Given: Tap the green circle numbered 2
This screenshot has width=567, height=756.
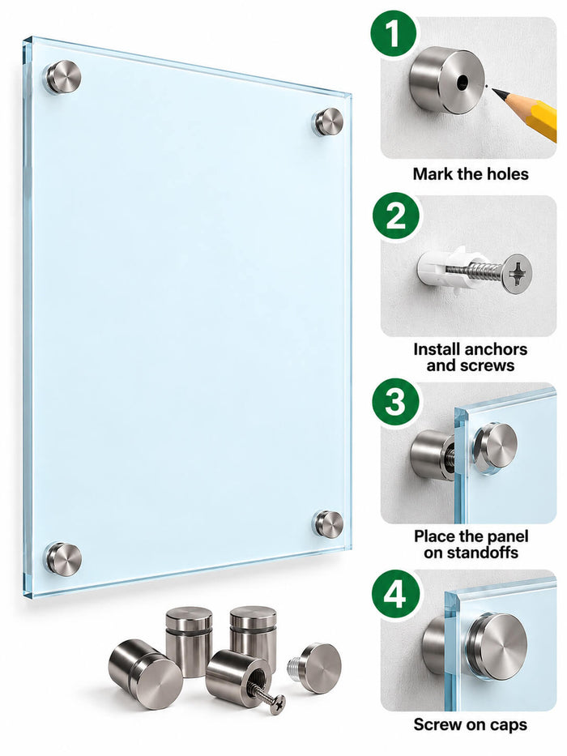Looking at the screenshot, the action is [x=395, y=216].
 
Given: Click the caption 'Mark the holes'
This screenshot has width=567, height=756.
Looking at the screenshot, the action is [x=471, y=173].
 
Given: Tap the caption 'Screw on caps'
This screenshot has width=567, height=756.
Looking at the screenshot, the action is [x=470, y=724].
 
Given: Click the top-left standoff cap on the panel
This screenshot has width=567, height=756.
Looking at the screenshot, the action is [x=63, y=76].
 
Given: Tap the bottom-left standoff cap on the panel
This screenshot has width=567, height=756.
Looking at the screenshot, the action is [x=63, y=559].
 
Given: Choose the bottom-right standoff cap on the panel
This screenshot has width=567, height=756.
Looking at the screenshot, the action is [x=329, y=524].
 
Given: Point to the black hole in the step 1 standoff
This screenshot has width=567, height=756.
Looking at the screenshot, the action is [x=463, y=82].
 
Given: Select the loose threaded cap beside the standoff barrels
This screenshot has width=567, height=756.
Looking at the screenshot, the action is [x=315, y=668].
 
